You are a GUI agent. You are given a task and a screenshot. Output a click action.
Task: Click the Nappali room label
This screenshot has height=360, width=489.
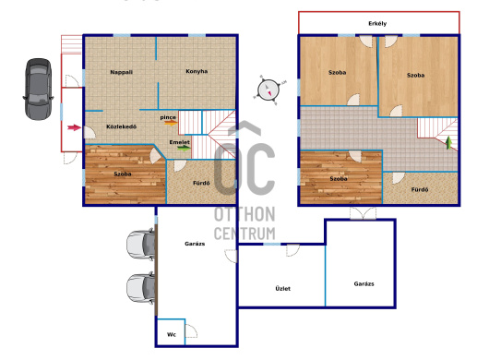121,72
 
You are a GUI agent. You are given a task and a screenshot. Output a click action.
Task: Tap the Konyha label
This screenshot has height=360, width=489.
197,71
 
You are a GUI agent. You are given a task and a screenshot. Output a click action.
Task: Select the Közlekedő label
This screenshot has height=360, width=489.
121,126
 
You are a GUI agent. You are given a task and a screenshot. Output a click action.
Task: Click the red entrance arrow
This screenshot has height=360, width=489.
74,127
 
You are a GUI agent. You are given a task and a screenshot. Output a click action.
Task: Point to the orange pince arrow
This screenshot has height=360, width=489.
171,123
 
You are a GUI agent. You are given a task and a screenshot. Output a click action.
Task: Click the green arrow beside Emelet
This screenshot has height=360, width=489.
184,148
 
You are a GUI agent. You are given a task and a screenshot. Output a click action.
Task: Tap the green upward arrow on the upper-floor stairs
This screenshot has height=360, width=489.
448,142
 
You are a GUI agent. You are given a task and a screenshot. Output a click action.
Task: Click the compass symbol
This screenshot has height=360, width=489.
268,90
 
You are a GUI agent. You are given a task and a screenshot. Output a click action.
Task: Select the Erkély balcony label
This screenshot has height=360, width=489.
377,23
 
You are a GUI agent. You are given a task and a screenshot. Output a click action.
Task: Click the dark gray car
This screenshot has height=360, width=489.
39,90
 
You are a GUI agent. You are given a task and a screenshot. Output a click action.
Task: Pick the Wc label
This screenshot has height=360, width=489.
172,334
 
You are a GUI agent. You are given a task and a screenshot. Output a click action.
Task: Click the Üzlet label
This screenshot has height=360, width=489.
283,289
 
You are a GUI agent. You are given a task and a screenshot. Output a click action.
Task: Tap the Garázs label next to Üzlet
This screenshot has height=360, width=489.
364,284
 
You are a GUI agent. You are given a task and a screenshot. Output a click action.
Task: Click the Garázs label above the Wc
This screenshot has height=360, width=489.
195,244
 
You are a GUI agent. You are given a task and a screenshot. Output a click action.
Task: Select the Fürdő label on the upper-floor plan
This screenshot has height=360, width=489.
420,189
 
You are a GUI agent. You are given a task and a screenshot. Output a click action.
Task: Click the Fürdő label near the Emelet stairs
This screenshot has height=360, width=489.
201,183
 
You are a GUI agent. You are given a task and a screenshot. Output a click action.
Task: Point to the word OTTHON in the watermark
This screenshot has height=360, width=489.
244,214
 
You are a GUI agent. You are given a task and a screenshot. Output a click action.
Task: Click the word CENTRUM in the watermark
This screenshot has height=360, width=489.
244,234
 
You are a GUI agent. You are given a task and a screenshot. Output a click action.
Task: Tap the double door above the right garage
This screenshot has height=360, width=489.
363,213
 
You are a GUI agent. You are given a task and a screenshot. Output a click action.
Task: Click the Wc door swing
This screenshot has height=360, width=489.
192,331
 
